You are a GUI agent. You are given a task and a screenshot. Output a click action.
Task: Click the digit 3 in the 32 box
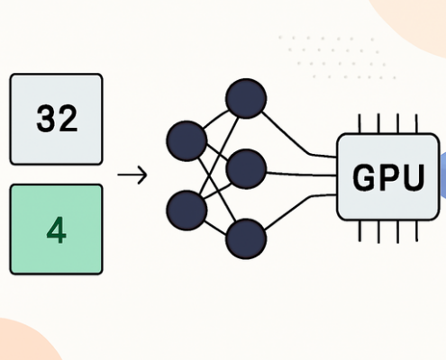click(47, 119)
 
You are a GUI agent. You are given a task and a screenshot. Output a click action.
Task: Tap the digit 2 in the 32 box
click(68, 119)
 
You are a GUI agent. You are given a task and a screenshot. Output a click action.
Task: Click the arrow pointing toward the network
click(132, 175)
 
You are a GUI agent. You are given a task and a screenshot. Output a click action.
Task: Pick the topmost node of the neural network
click(246, 98)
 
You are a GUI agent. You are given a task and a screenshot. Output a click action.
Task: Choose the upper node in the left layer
click(187, 141)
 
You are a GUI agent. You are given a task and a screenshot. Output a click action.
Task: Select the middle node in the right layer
click(246, 168)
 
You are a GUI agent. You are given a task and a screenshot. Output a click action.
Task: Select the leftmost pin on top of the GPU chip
click(359, 123)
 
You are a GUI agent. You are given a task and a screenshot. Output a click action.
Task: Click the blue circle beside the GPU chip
click(441, 174)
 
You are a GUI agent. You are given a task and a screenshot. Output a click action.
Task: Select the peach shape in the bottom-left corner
click(23, 342)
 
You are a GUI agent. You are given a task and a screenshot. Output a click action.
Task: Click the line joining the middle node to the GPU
click(302, 173)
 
